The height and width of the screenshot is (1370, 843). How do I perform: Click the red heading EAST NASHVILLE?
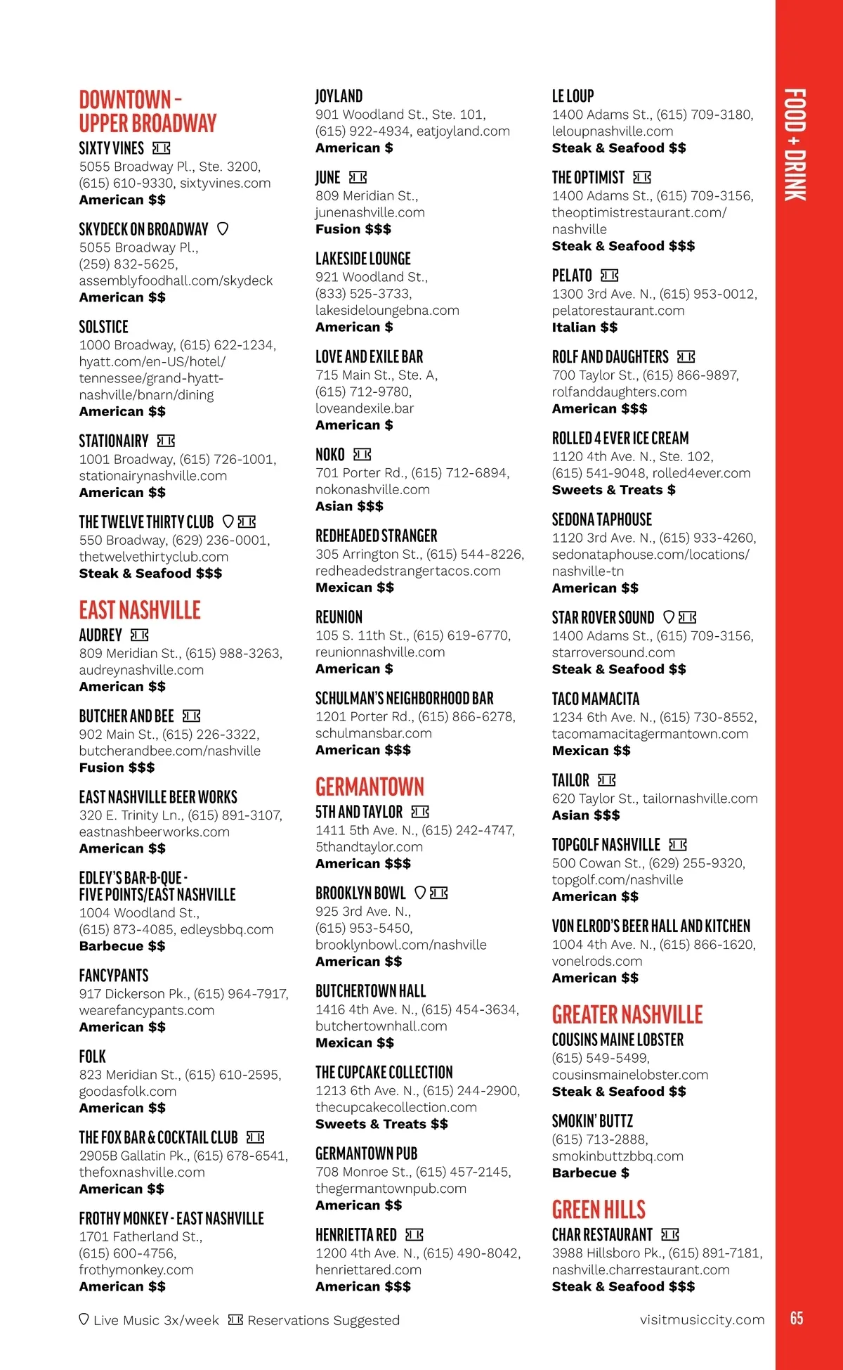tap(140, 610)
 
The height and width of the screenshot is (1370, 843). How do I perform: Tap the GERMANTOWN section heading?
tap(370, 787)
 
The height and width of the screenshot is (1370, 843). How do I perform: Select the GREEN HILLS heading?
tap(599, 1210)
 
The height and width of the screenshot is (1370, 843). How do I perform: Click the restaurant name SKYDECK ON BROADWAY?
tap(143, 229)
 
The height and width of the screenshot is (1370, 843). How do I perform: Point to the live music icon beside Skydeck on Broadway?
tap(223, 228)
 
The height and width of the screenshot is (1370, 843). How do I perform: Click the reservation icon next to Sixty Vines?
tap(162, 148)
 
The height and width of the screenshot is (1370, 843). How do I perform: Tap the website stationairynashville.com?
tap(153, 476)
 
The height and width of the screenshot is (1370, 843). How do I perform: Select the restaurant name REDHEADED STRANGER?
tap(376, 536)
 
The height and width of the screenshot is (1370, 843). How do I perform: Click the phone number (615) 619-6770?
tap(462, 635)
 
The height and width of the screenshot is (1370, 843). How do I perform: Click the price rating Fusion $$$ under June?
tap(353, 229)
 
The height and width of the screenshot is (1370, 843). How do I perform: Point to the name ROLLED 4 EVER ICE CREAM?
tap(620, 439)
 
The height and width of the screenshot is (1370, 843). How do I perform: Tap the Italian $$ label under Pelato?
tap(584, 327)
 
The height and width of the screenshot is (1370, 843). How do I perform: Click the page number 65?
tap(797, 1318)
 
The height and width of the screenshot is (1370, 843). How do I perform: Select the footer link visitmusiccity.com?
tap(702, 1319)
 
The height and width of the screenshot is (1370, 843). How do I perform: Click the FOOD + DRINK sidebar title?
tap(795, 145)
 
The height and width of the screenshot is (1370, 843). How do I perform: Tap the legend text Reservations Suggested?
tap(323, 1321)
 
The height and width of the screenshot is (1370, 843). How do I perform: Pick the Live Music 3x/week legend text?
tap(156, 1321)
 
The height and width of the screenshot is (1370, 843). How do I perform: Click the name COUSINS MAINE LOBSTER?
tap(617, 1040)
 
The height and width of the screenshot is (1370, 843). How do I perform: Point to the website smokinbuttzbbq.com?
tap(617, 1156)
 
